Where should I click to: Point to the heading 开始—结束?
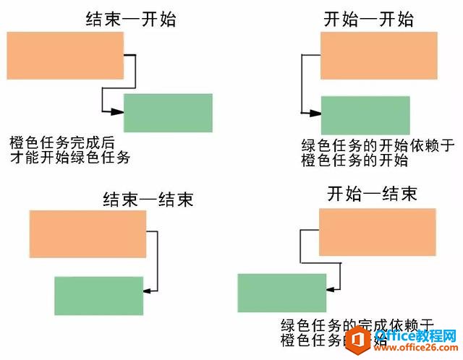click(x=372, y=194)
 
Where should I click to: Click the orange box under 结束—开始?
click(x=65, y=56)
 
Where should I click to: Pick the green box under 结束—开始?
click(x=168, y=113)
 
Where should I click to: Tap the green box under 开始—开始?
click(x=365, y=114)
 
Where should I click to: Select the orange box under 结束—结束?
click(x=88, y=233)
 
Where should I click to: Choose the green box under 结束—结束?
click(x=98, y=296)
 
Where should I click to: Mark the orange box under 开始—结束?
click(x=378, y=231)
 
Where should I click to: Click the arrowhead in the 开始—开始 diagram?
click(x=315, y=113)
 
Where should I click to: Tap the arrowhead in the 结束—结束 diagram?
click(x=147, y=290)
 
